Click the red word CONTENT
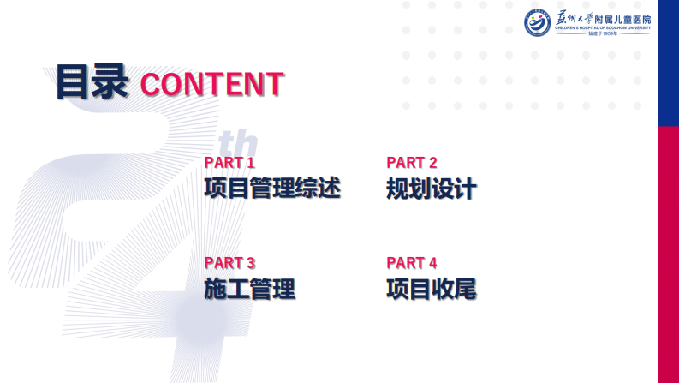click(x=211, y=84)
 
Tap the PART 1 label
click(x=229, y=162)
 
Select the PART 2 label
click(x=412, y=162)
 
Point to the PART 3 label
click(x=229, y=263)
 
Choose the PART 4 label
click(x=412, y=263)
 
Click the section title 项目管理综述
click(x=272, y=188)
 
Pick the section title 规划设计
click(x=432, y=189)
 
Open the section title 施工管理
click(x=249, y=289)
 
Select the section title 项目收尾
click(x=432, y=289)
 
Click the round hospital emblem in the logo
click(x=538, y=23)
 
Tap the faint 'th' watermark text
click(x=244, y=142)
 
